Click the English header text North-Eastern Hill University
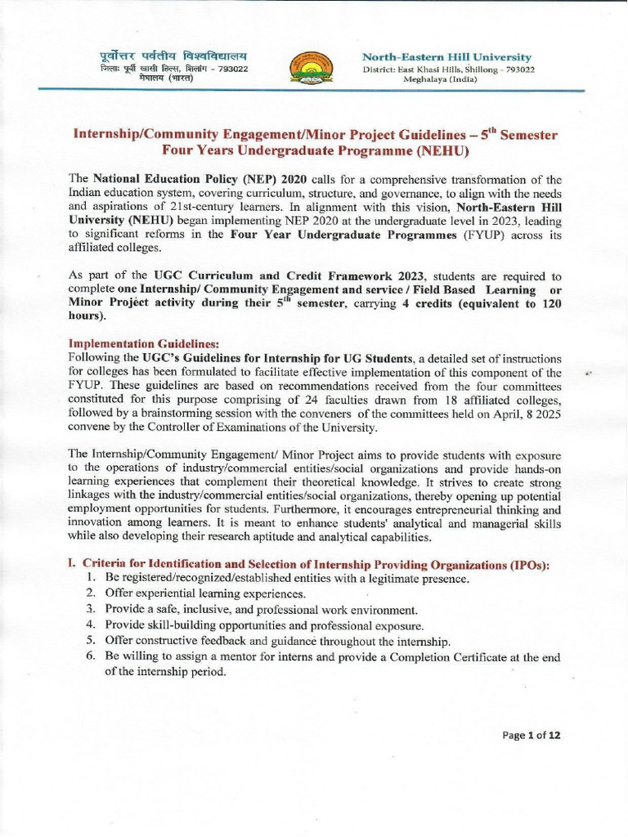coord(446,56)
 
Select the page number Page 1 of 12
coord(532,735)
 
